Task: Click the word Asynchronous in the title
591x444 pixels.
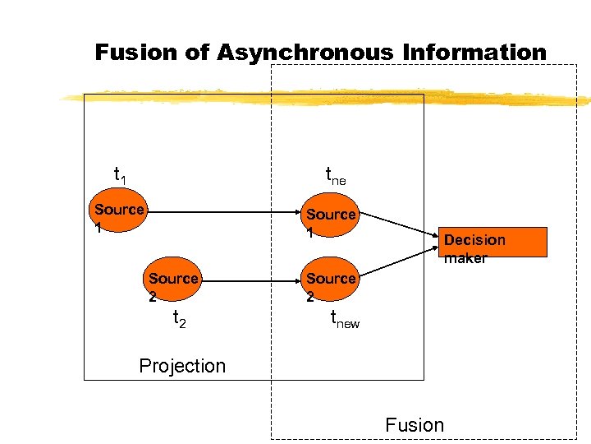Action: coord(305,53)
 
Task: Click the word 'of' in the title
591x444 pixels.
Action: coord(197,53)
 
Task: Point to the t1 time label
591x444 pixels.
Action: coord(120,174)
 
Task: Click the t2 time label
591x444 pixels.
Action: coord(179,319)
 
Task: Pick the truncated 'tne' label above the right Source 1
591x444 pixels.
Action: coord(336,176)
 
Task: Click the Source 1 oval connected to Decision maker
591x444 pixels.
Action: coord(330,218)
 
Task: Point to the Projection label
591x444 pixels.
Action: coord(182,366)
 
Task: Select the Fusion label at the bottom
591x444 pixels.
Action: coord(415,424)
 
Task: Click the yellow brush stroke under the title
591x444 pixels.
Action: coord(328,99)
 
